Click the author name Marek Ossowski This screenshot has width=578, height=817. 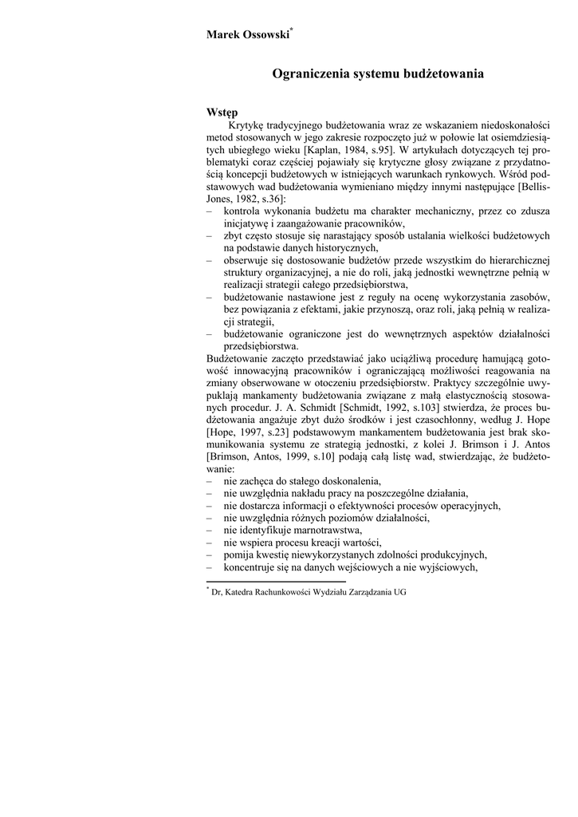pos(247,34)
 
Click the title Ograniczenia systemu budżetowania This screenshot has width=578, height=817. pos(378,74)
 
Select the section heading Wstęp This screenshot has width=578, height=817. pos(222,112)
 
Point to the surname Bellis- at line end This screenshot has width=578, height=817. pos(537,186)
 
